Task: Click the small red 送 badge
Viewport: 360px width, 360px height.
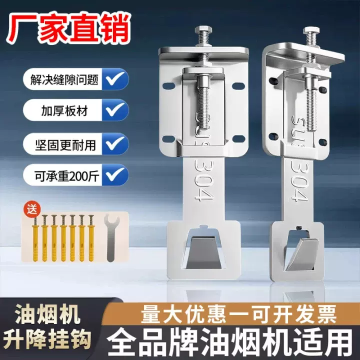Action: pyautogui.click(x=32, y=209)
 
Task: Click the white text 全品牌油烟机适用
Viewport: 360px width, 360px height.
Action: pyautogui.click(x=230, y=342)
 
